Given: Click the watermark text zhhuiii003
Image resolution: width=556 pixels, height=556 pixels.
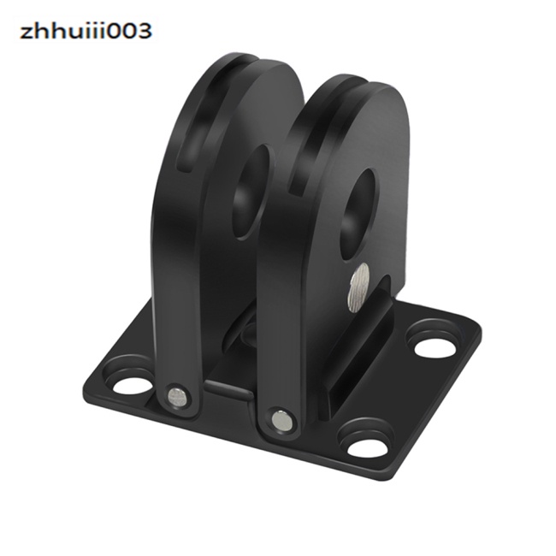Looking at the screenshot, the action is (x=86, y=31).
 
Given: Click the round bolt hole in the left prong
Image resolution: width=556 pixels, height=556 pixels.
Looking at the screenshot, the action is (x=252, y=192).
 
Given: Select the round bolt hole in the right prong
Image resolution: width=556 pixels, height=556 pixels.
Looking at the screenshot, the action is (x=359, y=216).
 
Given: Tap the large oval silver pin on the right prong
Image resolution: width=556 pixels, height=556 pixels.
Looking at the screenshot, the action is (x=359, y=287).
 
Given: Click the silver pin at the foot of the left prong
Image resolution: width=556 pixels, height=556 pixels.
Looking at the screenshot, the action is (x=176, y=396).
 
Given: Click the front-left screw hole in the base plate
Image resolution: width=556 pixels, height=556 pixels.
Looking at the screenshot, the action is (x=132, y=387).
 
